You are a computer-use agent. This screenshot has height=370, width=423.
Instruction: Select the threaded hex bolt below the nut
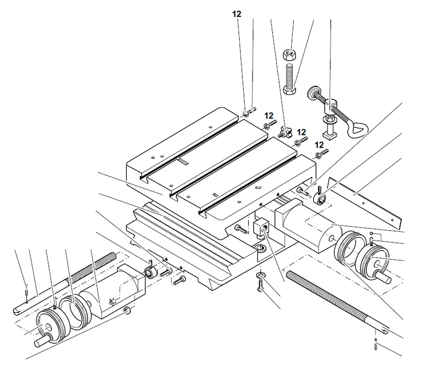290,79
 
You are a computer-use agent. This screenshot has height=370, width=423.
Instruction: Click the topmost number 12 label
236,14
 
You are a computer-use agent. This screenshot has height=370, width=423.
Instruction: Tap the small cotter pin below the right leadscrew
376,344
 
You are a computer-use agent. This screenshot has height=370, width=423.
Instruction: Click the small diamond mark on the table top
257,187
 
